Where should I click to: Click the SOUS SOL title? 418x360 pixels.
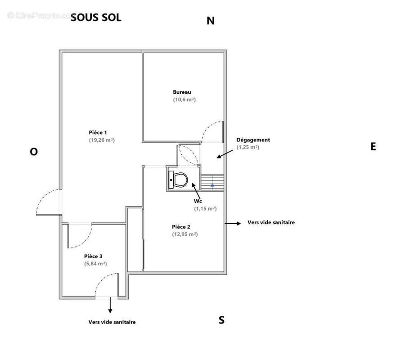coord(96,18)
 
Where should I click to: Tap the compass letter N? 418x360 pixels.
coord(210,21)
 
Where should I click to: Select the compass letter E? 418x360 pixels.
coord(373,146)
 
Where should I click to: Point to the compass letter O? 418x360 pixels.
coord(34,152)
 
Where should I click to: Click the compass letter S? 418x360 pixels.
coord(221,320)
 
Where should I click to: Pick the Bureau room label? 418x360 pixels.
coord(182,92)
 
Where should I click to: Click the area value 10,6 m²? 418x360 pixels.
coord(184,99)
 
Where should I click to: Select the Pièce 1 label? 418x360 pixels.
coord(98,132)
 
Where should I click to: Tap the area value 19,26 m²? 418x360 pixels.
coord(101,140)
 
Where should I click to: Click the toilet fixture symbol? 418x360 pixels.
coord(178,180)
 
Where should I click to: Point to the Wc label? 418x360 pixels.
coord(198,201)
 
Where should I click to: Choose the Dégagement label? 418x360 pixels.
coord(253,140)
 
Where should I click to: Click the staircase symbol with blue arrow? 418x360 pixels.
coord(212,183)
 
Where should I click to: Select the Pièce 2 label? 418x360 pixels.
coord(181,227)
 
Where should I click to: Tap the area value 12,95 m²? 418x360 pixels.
coord(184,234)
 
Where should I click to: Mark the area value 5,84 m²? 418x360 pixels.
coord(95,264)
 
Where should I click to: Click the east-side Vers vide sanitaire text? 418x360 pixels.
coord(271,222)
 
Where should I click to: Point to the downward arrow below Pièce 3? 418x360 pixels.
coord(109,306)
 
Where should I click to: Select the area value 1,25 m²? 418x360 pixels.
coord(247,147)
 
